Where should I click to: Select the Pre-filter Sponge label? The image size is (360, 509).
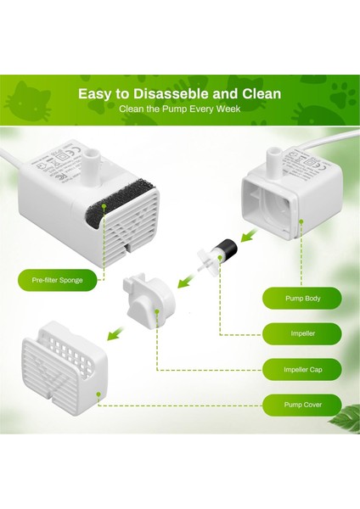(57, 279)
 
